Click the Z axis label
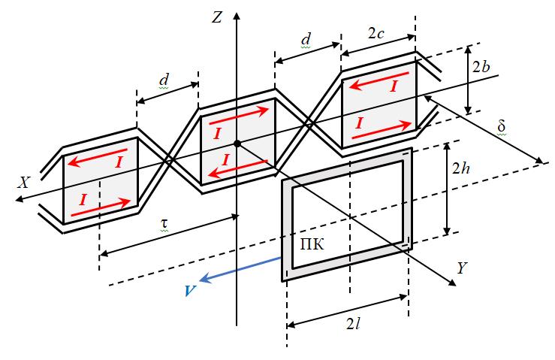point(217,17)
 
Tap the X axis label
point(24,183)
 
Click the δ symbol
point(501,124)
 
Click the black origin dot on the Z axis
point(237,144)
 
